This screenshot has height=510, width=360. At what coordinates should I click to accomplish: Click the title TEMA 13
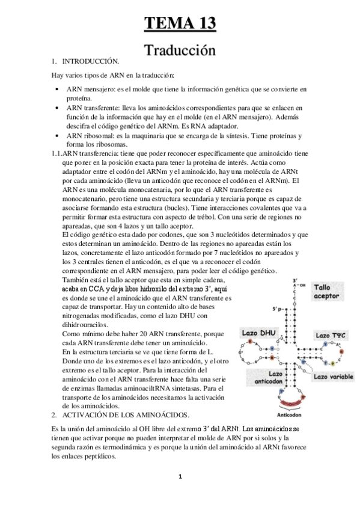click(x=180, y=24)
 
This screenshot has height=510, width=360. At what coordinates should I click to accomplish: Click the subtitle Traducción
click(x=180, y=51)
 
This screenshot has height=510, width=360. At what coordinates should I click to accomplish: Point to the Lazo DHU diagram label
click(x=257, y=333)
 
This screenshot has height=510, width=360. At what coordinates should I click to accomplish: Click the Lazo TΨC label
click(x=330, y=335)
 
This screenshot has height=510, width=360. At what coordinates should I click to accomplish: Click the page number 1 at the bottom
click(x=180, y=477)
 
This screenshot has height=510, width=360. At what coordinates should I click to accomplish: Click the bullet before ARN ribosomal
click(x=56, y=136)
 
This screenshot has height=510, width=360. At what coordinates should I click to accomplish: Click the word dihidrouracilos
click(x=84, y=325)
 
